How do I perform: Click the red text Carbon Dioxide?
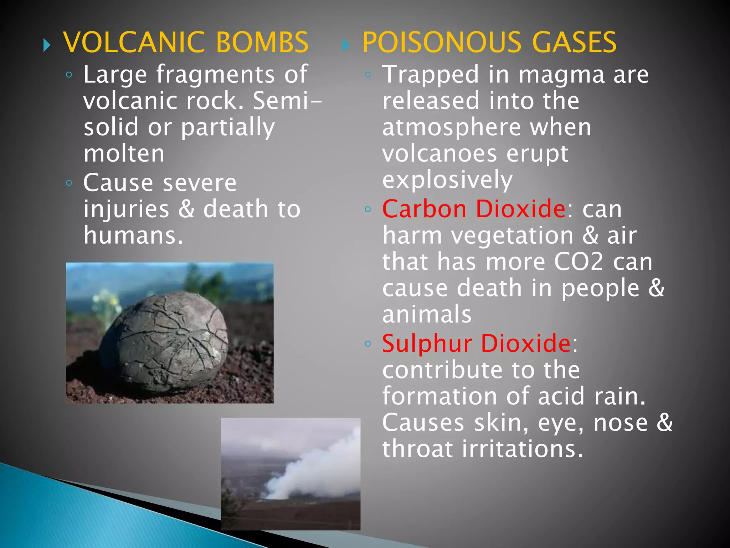pos(474,209)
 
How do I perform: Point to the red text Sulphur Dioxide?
pos(476,343)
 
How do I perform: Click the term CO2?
pos(579,262)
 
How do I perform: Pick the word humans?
pos(133,235)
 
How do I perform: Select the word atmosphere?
pos(451,127)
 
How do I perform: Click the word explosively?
pos(447,179)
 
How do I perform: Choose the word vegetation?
pos(512,235)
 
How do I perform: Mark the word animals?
pos(427,314)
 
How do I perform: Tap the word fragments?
pos(215,75)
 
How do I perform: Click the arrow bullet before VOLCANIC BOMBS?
pos(47,45)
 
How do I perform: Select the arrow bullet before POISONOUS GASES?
pos(345,45)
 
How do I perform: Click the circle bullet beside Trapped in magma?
pos(368,75)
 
